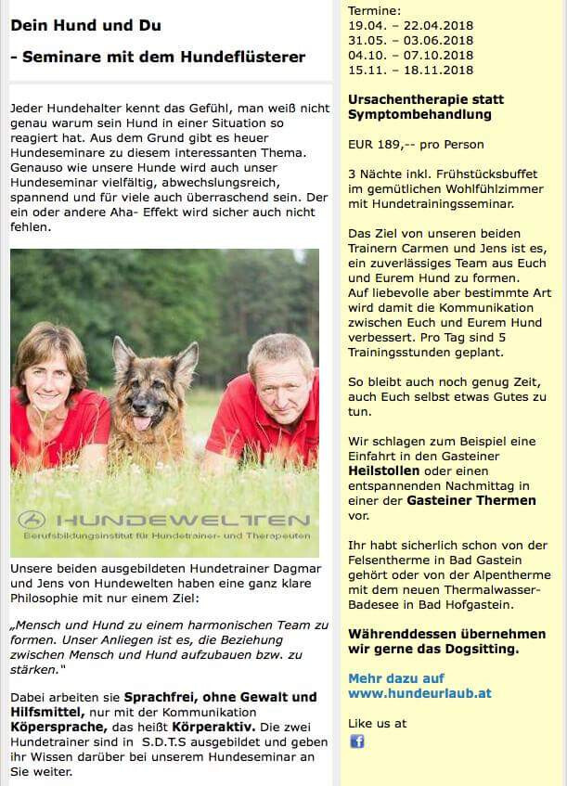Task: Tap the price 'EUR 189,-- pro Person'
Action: (x=416, y=145)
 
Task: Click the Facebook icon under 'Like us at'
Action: (x=357, y=741)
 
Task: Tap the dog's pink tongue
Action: (x=142, y=423)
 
